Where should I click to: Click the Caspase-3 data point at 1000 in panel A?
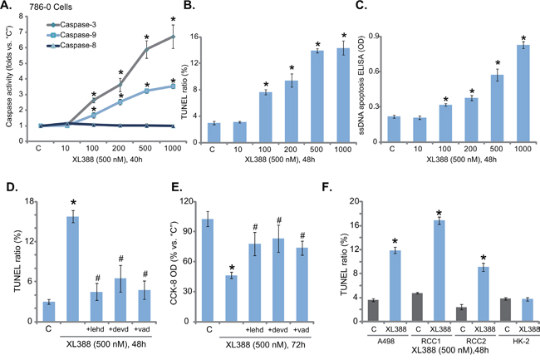[x=173, y=37]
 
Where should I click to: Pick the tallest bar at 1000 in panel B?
[x=317, y=86]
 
